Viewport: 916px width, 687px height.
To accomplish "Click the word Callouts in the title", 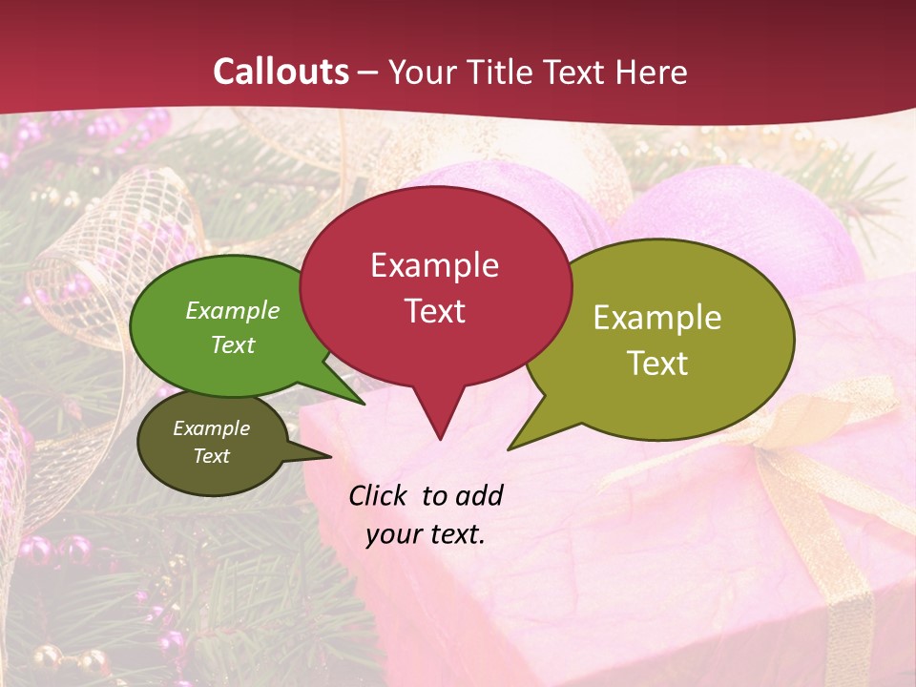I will click(281, 72).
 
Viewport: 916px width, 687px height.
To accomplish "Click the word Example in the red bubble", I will click(434, 265).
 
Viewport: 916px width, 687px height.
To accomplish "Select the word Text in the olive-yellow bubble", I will click(658, 364).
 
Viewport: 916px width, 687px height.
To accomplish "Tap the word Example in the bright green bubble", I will click(233, 311).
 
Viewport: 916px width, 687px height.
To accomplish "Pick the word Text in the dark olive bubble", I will click(212, 456).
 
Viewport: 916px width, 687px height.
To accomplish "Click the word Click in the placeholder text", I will click(380, 496).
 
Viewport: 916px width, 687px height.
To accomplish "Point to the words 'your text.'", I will click(426, 534).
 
